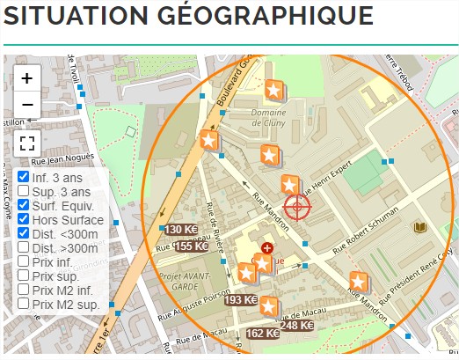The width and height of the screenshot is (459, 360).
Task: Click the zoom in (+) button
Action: (27, 77)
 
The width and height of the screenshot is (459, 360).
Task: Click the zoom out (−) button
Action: (27, 105)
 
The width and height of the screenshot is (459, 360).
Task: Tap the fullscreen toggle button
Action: (27, 143)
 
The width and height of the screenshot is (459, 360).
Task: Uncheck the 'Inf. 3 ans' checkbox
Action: (24, 177)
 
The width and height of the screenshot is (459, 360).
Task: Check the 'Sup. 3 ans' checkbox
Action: (24, 191)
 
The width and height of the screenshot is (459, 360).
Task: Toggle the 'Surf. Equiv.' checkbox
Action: (24, 205)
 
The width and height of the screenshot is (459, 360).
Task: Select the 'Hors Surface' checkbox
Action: (24, 219)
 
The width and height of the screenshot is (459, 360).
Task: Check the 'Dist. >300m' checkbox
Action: (24, 247)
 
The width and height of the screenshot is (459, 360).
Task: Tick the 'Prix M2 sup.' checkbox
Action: (24, 304)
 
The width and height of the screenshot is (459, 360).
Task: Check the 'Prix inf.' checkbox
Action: (24, 261)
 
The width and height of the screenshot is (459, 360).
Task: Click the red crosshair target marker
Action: (297, 207)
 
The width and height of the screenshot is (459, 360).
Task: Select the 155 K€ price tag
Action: (191, 246)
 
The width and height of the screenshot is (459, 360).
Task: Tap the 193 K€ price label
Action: (240, 300)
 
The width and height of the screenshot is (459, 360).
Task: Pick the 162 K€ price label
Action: (262, 334)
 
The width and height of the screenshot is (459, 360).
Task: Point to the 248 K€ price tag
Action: (297, 326)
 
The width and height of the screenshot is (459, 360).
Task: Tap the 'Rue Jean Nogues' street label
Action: (62, 160)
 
